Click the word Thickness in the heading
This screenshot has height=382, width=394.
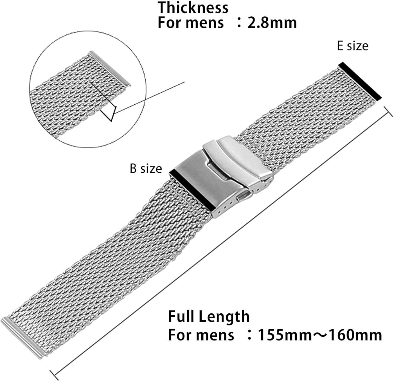tap(193, 8)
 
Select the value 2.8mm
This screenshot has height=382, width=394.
tap(272, 23)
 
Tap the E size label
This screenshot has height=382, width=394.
tap(352, 46)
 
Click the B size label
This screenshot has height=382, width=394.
tap(146, 169)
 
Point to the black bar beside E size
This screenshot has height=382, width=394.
tap(360, 81)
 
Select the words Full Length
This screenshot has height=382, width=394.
tap(209, 317)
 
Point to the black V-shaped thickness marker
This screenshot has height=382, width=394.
tap(111, 114)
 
